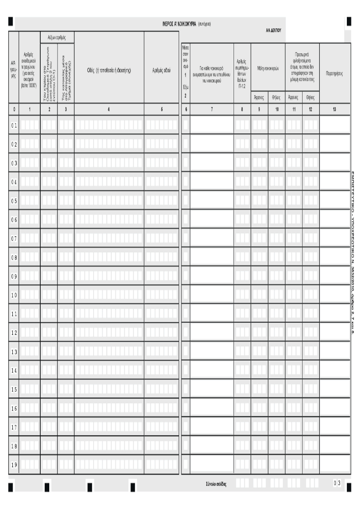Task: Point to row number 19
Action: point(14,465)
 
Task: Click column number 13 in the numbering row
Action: point(335,110)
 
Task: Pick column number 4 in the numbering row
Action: point(109,110)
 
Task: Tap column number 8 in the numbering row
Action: point(242,110)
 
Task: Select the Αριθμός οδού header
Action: point(162,70)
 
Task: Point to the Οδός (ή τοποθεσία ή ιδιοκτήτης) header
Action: point(109,70)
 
